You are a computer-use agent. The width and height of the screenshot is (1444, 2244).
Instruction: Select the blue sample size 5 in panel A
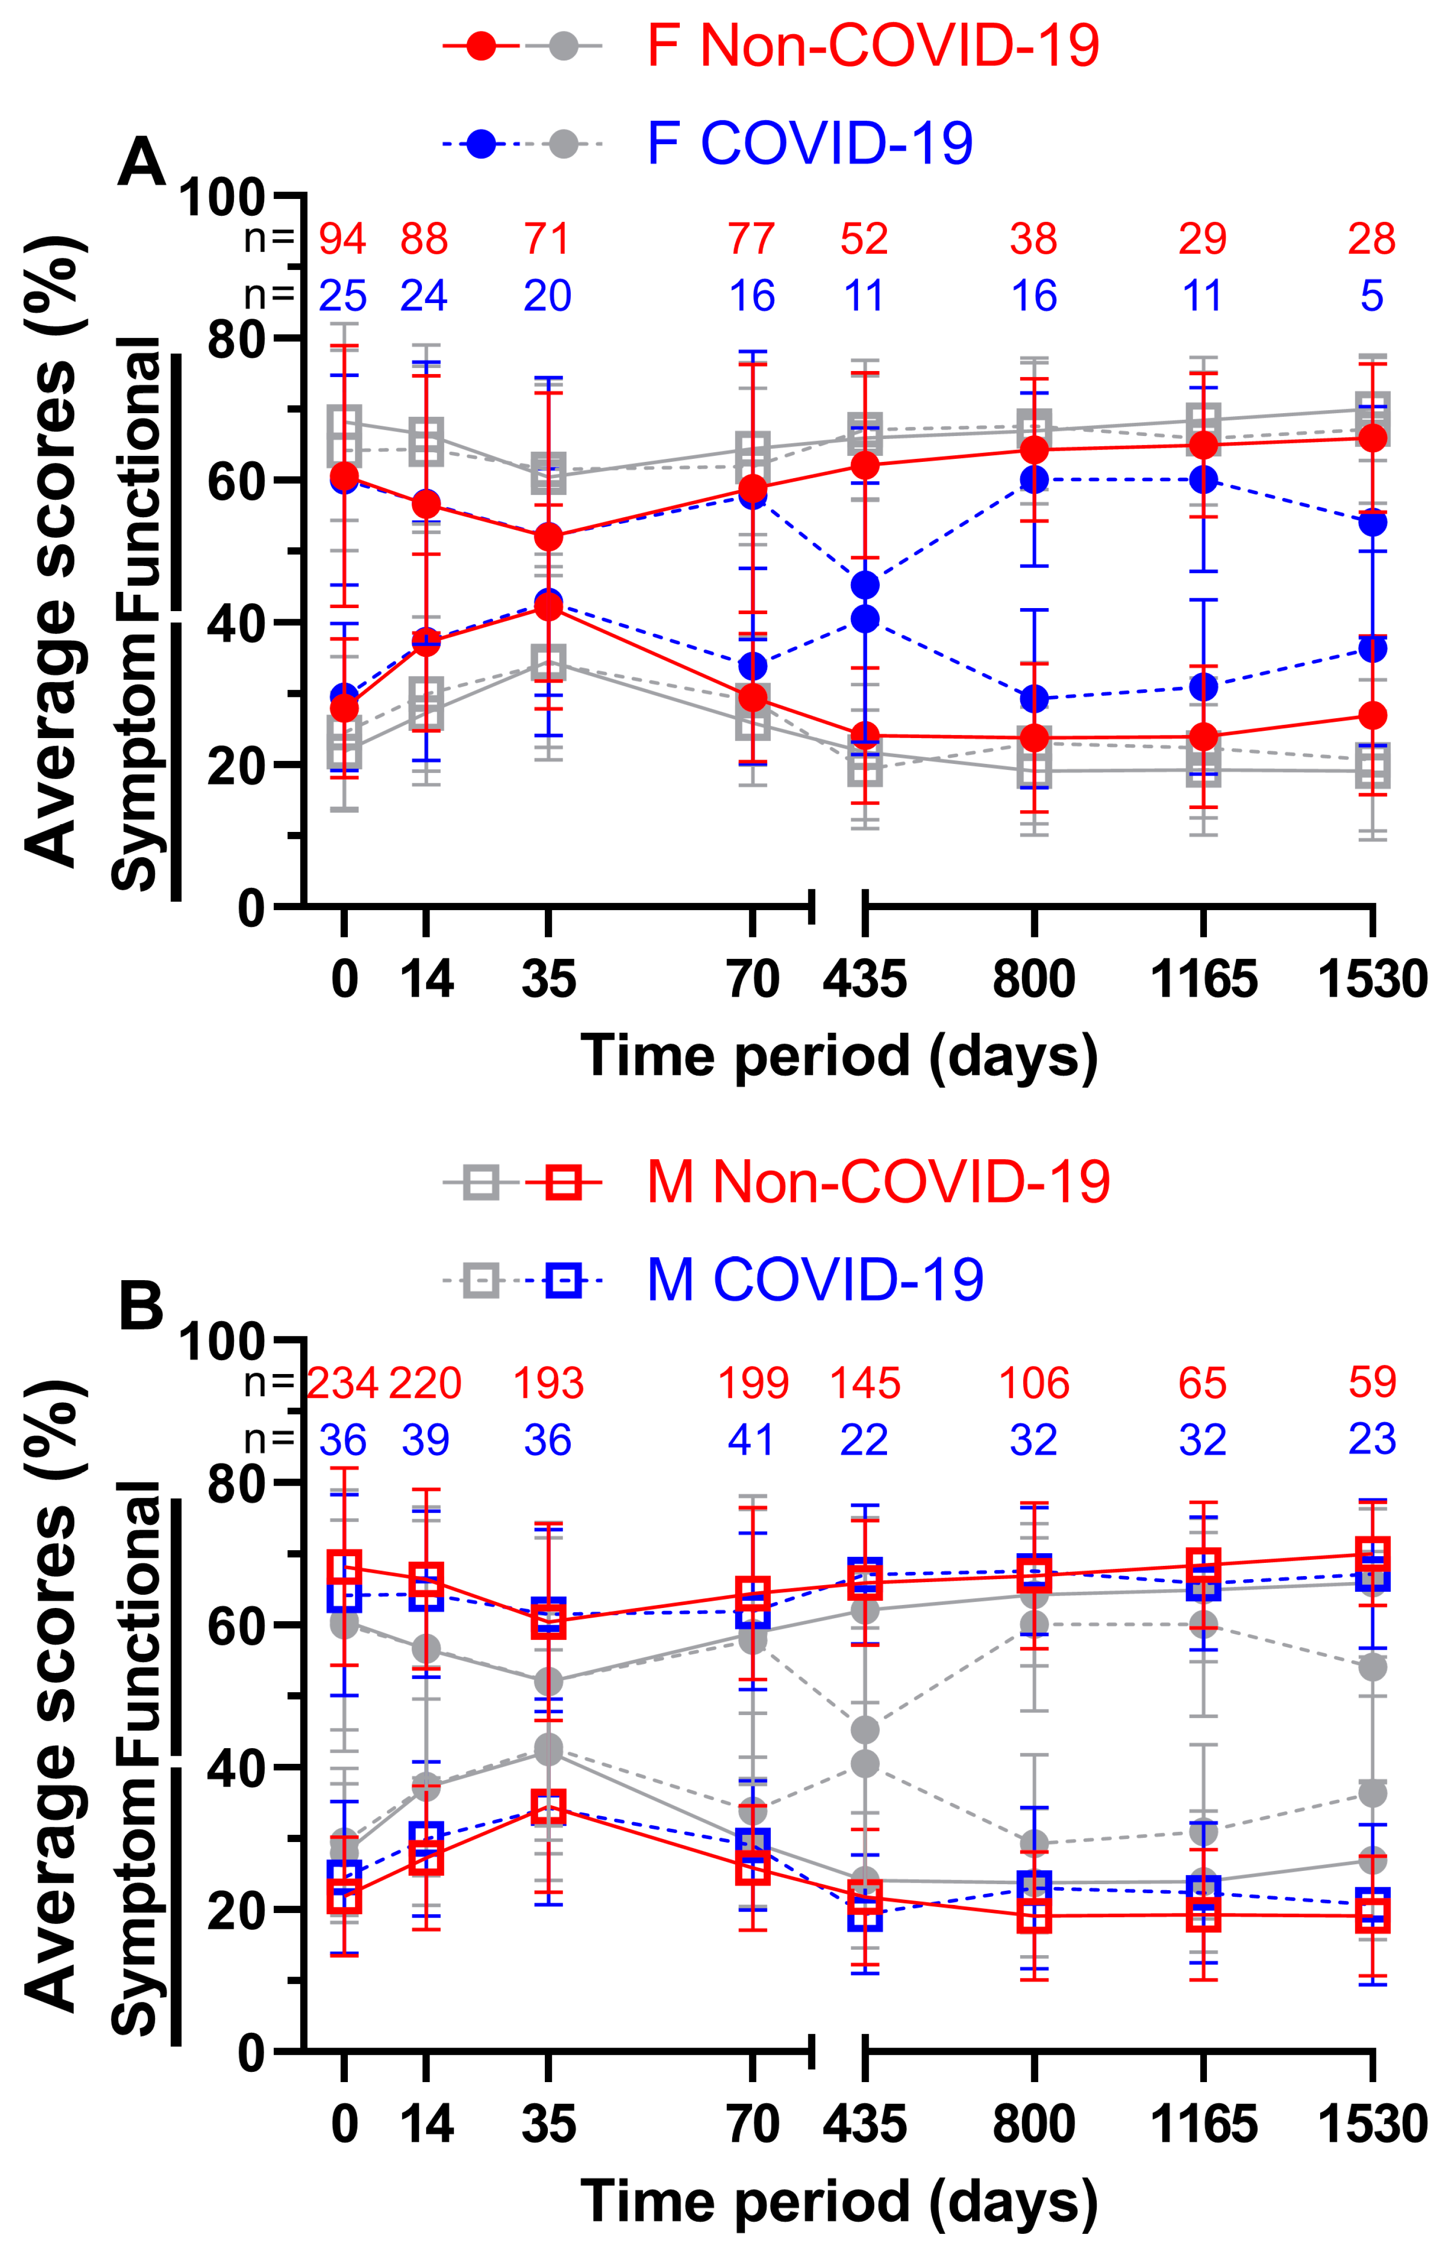click(1372, 296)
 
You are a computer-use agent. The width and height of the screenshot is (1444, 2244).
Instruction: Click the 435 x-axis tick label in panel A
click(865, 980)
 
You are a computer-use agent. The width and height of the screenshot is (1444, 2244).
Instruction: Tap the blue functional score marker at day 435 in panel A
click(865, 585)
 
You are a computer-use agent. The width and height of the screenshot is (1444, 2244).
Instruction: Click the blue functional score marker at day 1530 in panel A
click(1372, 522)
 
